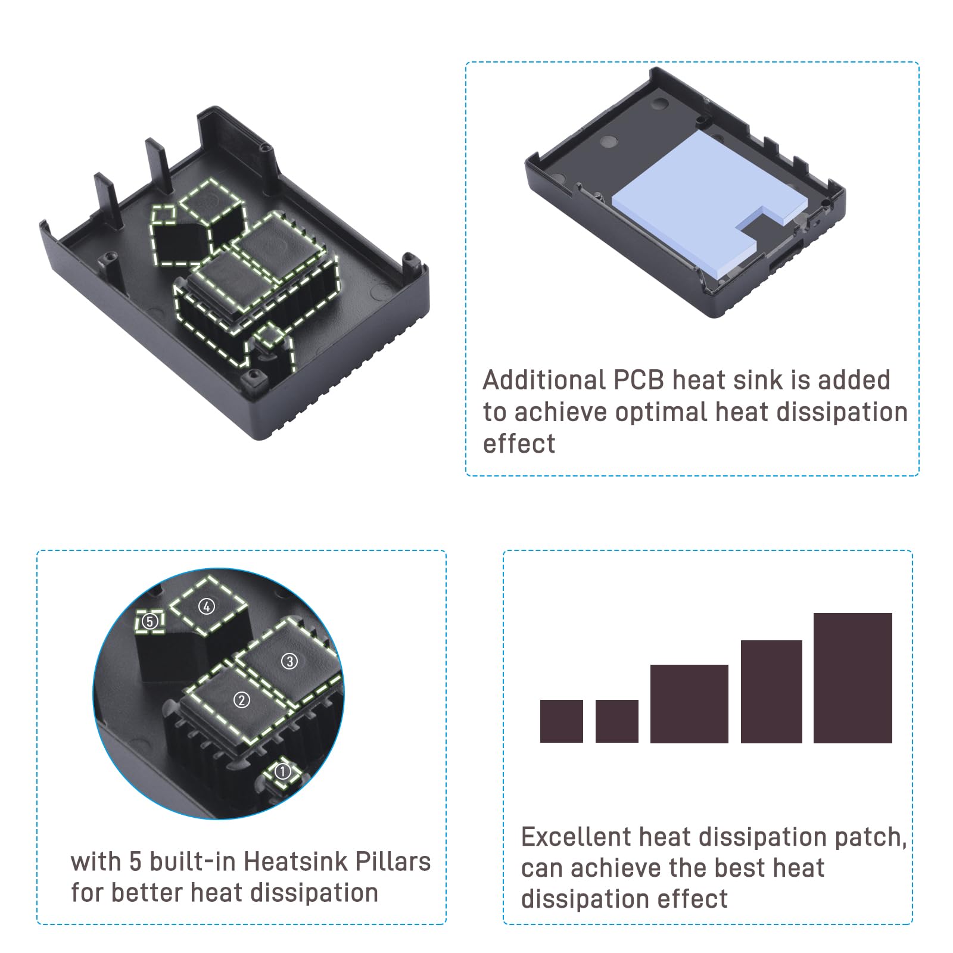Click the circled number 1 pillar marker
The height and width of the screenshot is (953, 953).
[282, 772]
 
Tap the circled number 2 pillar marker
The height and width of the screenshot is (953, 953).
[241, 700]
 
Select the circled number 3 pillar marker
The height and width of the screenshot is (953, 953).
[289, 661]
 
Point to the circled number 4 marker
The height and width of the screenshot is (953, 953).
[207, 607]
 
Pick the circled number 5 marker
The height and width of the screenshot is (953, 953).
[150, 622]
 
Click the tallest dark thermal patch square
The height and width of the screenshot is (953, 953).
[852, 678]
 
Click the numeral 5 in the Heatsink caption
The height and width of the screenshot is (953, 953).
[135, 862]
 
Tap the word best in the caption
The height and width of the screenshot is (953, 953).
[739, 868]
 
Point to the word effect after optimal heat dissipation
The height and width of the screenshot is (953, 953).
[519, 444]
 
